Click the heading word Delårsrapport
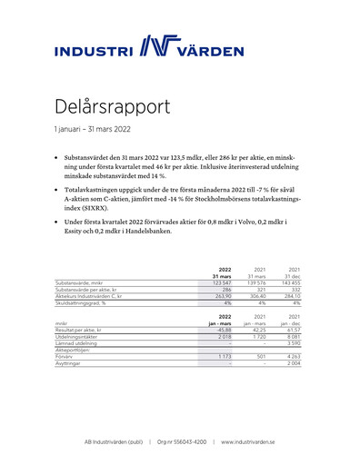pos(112,106)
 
